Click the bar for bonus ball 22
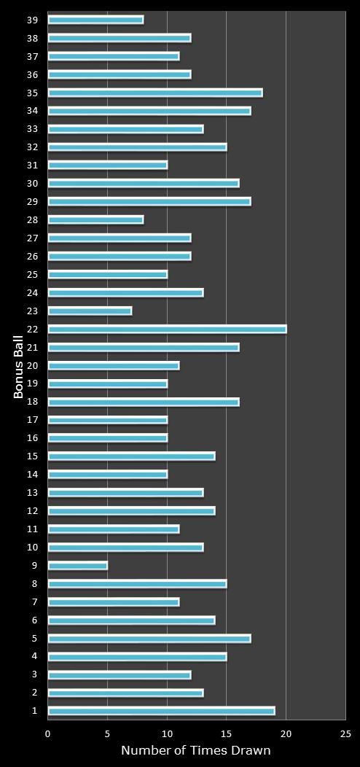click(x=167, y=329)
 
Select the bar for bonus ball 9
click(x=77, y=566)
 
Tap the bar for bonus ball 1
click(x=161, y=711)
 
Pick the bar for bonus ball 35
click(x=155, y=93)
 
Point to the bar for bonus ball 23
click(x=90, y=311)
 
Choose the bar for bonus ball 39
click(x=95, y=20)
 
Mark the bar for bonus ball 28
click(x=95, y=219)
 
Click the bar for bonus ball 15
click(x=131, y=456)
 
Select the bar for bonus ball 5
click(x=149, y=639)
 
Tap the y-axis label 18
click(x=33, y=402)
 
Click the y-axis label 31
click(x=33, y=165)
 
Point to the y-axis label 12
click(x=33, y=511)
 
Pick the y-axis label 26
click(x=33, y=256)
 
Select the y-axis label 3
click(x=34, y=674)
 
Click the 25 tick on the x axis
click(x=345, y=734)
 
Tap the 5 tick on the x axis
click(x=108, y=734)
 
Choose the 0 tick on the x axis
click(x=48, y=734)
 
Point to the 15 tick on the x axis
click(x=227, y=734)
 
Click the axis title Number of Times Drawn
click(x=195, y=750)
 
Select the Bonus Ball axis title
click(x=20, y=365)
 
